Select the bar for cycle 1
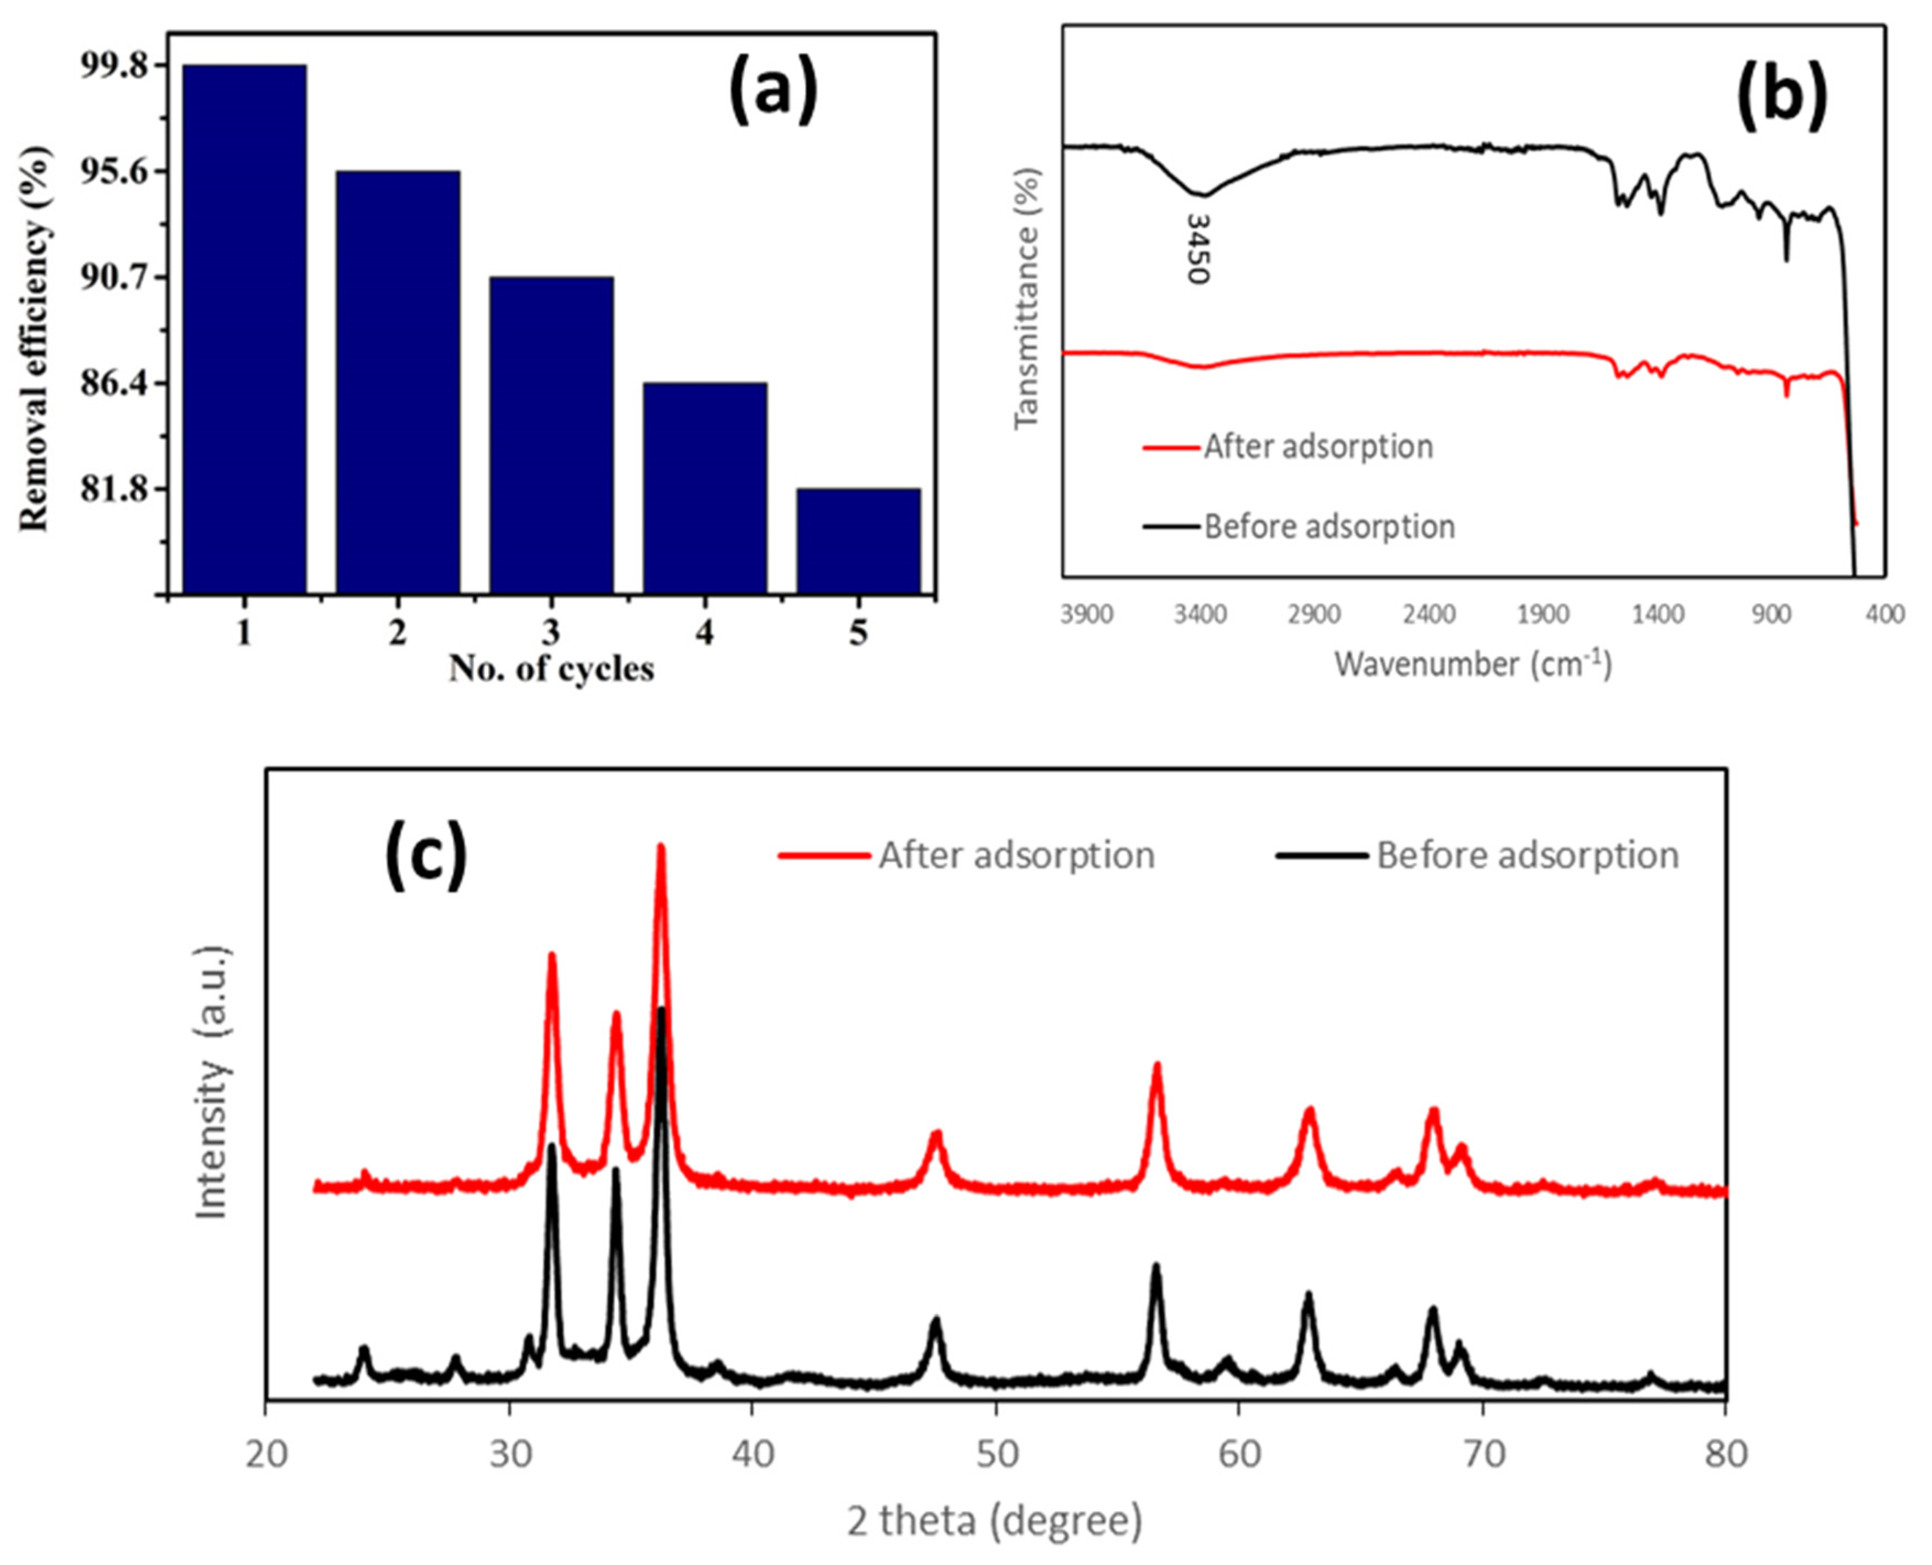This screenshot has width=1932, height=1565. (244, 329)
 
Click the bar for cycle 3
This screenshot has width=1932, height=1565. (552, 435)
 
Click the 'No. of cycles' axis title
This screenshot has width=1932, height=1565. (551, 669)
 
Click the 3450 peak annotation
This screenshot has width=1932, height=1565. (1196, 249)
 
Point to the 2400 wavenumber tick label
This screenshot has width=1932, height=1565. (1430, 615)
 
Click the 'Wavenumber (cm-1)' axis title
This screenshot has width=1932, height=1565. (1472, 664)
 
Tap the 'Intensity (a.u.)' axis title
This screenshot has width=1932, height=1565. (214, 1082)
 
